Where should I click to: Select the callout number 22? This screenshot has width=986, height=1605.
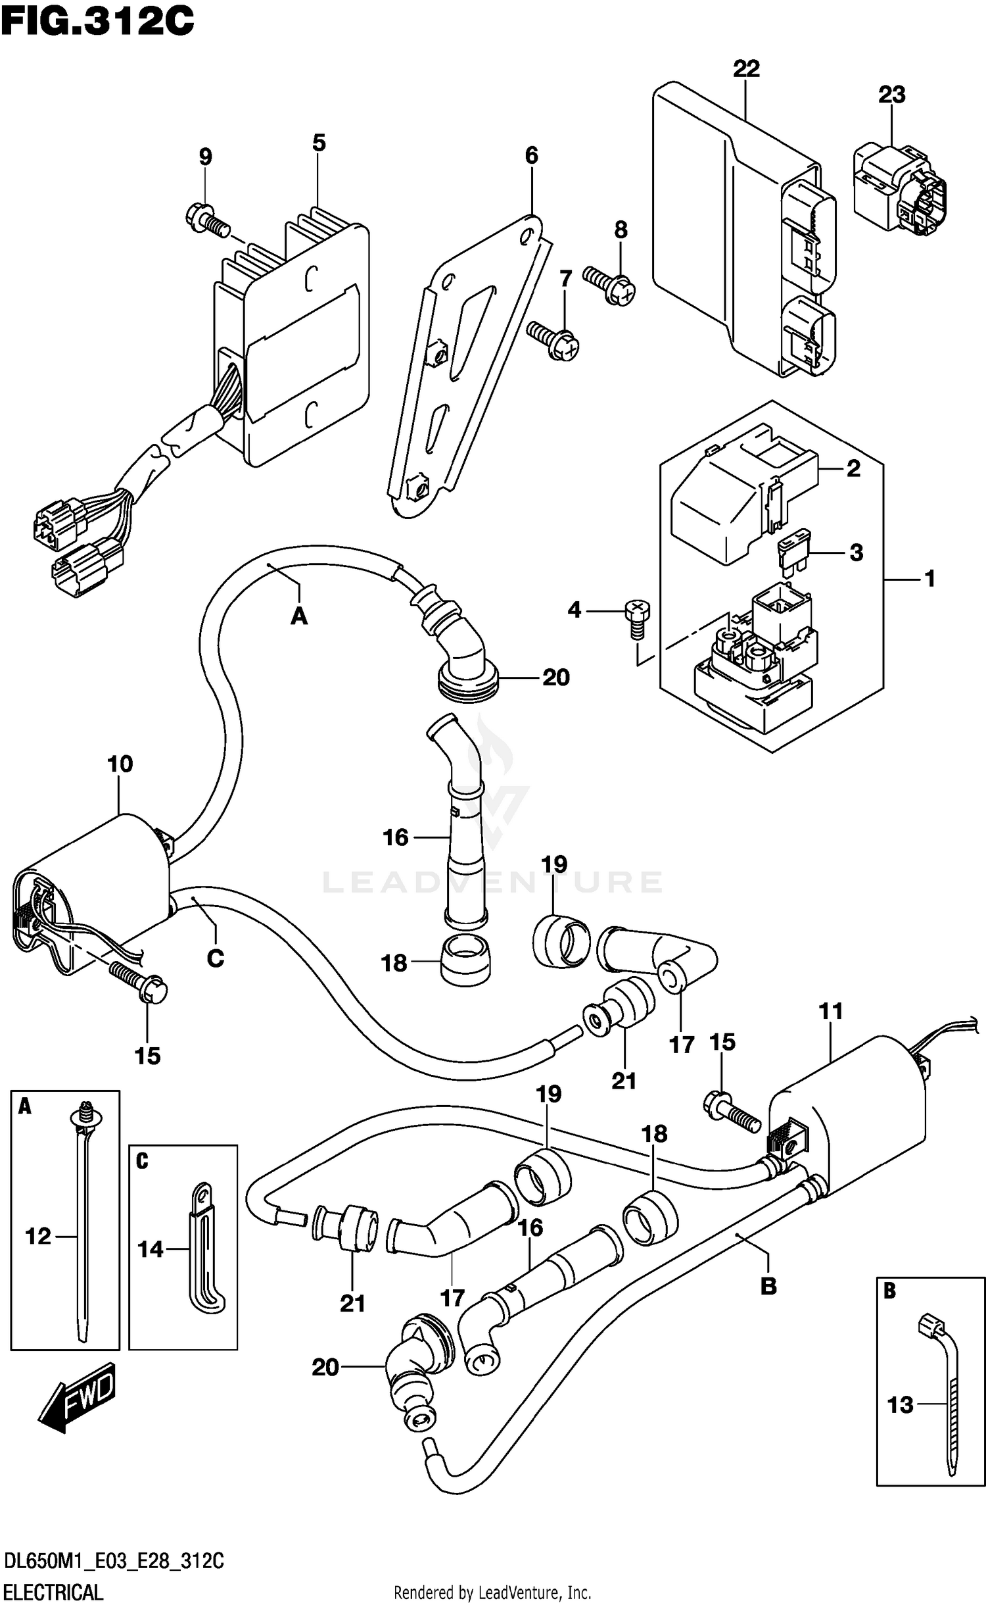746,69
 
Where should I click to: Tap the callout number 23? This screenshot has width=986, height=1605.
892,95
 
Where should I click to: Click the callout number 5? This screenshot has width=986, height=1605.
319,143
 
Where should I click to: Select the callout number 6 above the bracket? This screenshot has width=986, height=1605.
531,155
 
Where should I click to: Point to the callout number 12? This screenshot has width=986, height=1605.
38,1237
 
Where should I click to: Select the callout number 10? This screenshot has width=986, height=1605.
120,764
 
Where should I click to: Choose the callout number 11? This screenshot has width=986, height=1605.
831,1011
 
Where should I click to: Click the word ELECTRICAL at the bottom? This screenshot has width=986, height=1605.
54,1587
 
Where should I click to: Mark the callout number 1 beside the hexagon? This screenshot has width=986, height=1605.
929,579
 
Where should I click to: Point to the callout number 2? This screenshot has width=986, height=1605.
853,468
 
